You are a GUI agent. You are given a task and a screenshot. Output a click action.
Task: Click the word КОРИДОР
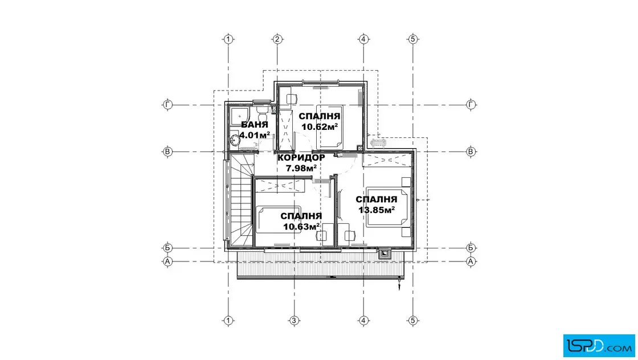301,157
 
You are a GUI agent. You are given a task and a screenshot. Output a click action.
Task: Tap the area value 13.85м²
377,210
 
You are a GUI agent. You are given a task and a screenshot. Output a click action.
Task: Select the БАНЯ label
255,125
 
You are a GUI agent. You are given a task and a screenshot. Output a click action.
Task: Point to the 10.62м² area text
320,127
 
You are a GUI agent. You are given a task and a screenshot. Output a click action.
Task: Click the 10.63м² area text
301,227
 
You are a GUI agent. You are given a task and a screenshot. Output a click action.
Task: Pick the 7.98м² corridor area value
301,167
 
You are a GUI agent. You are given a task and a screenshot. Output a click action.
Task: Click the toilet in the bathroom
261,111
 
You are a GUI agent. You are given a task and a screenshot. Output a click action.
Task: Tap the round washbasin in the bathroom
234,141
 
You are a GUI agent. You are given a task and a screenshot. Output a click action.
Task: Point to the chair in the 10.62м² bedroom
291,99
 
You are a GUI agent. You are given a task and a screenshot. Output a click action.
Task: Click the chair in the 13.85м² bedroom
349,235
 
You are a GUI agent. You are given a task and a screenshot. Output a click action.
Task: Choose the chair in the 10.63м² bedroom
322,235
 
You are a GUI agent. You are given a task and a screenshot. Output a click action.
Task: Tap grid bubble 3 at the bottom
294,321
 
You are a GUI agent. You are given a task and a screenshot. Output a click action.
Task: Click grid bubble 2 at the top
277,39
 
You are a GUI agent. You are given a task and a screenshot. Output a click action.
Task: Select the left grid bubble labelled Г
167,105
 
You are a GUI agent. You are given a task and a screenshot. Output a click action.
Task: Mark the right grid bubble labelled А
471,261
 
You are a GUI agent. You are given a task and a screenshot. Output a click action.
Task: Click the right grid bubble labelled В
471,152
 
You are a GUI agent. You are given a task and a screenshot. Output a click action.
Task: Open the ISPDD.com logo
599,346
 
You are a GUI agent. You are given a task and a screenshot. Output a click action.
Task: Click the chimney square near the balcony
384,254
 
